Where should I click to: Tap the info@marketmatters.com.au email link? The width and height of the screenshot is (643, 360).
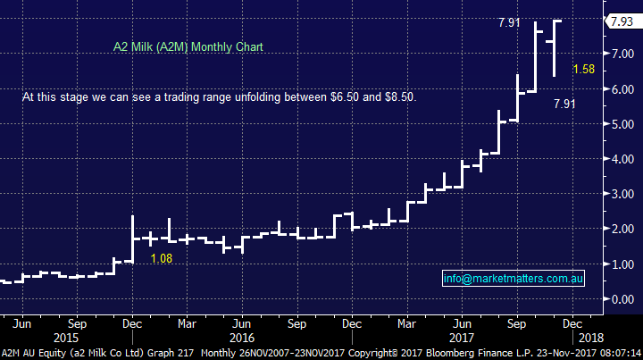click(514, 279)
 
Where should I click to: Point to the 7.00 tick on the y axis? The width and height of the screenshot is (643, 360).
click(618, 54)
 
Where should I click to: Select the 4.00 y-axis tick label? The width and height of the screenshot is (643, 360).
click(618, 159)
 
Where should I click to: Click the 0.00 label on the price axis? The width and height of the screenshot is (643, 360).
click(618, 299)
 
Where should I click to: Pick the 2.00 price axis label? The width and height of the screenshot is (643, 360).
click(618, 230)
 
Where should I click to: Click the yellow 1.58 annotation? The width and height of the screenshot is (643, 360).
click(584, 70)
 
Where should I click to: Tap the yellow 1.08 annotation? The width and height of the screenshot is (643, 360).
click(162, 259)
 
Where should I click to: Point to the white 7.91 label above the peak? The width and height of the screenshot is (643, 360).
click(510, 23)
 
